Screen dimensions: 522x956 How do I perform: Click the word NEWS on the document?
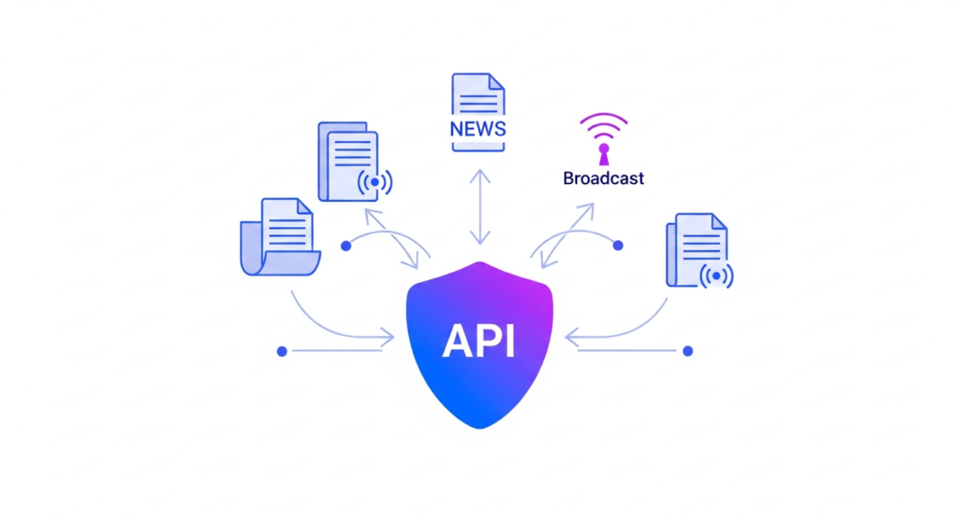(477, 129)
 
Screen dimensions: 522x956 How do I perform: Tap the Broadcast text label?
(603, 177)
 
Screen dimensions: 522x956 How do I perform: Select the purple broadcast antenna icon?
(603, 137)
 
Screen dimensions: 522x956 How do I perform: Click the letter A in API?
(457, 342)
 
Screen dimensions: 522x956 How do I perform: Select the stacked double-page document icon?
(348, 161)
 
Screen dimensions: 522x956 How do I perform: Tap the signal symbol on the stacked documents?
(375, 182)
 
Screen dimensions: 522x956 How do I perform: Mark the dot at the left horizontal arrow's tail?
(282, 351)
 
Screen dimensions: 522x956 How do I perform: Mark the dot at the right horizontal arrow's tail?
(688, 351)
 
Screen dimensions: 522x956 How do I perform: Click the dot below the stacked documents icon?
(345, 246)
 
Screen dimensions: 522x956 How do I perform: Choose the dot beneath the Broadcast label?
(617, 246)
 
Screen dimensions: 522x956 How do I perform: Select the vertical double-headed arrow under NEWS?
(479, 207)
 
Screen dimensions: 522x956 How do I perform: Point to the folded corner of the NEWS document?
(497, 82)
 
